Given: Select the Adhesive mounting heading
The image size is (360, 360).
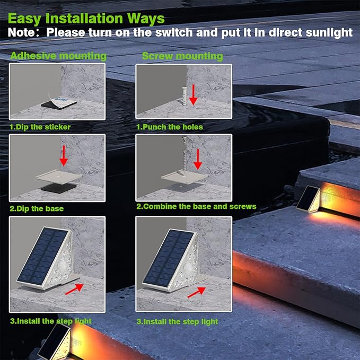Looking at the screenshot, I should coord(58,56).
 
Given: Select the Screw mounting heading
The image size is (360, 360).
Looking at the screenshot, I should coord(182,56).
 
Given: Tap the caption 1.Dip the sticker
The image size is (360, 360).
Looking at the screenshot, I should coord(40,127).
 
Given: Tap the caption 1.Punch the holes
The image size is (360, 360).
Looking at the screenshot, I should coord(170,127).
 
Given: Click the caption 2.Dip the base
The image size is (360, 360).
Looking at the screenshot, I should coord(37,208).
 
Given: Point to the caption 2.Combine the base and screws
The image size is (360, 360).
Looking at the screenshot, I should coord(196,206).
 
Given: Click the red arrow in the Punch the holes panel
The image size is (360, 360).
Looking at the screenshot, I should coord(194,93).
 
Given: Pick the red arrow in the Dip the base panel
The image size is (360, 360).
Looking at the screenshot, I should coord(64,155).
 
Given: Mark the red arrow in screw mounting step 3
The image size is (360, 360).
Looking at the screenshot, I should coord(197,291).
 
